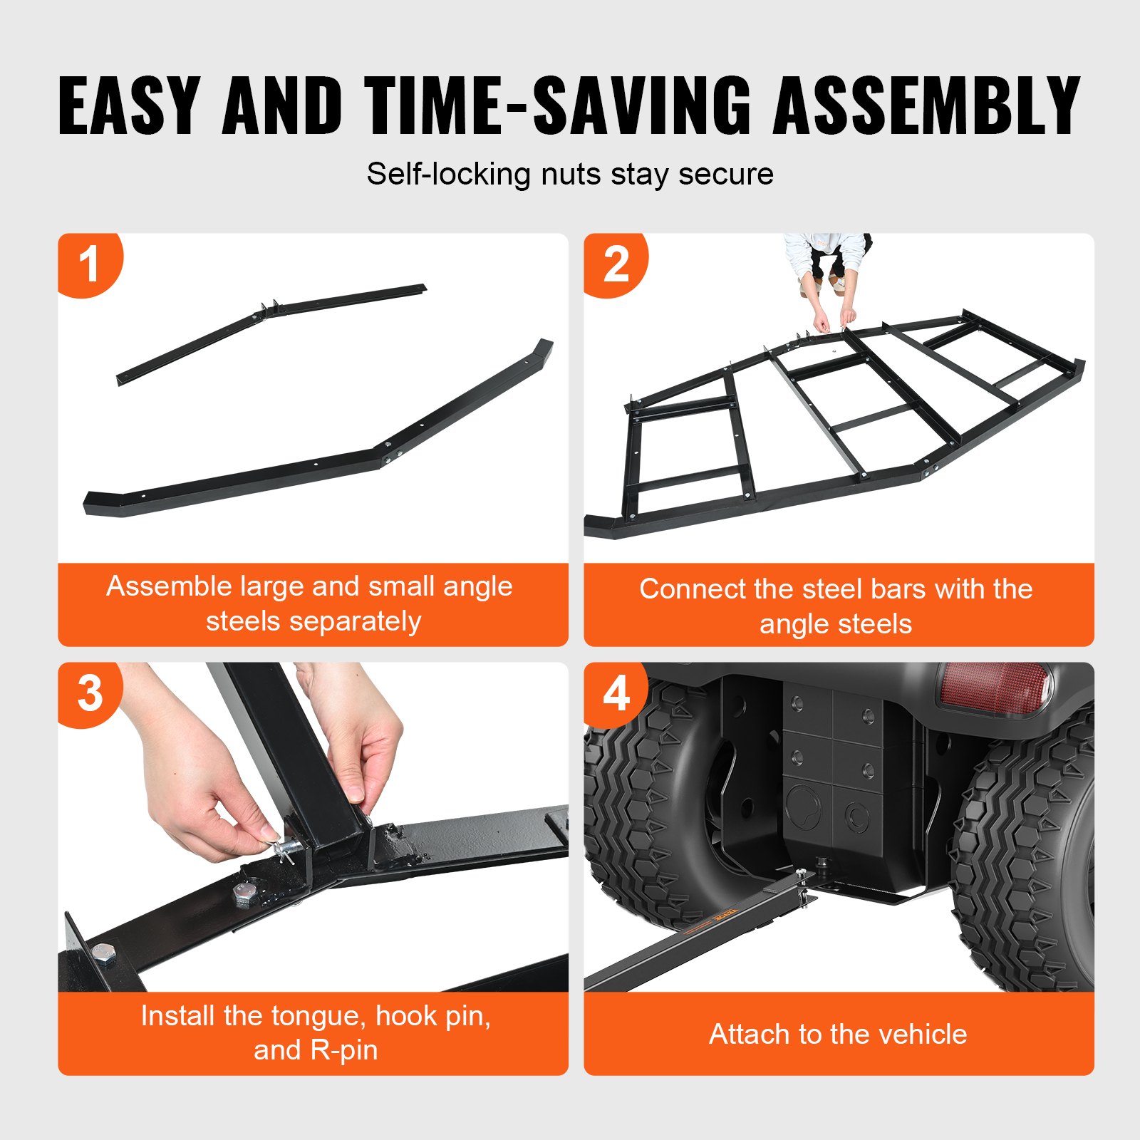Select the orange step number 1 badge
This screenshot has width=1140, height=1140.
(x=89, y=264)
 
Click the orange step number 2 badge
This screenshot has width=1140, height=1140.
(x=615, y=264)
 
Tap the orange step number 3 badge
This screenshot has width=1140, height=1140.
(x=89, y=693)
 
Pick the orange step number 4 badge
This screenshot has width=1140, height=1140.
(x=615, y=693)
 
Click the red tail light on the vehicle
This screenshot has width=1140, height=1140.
(x=994, y=687)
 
